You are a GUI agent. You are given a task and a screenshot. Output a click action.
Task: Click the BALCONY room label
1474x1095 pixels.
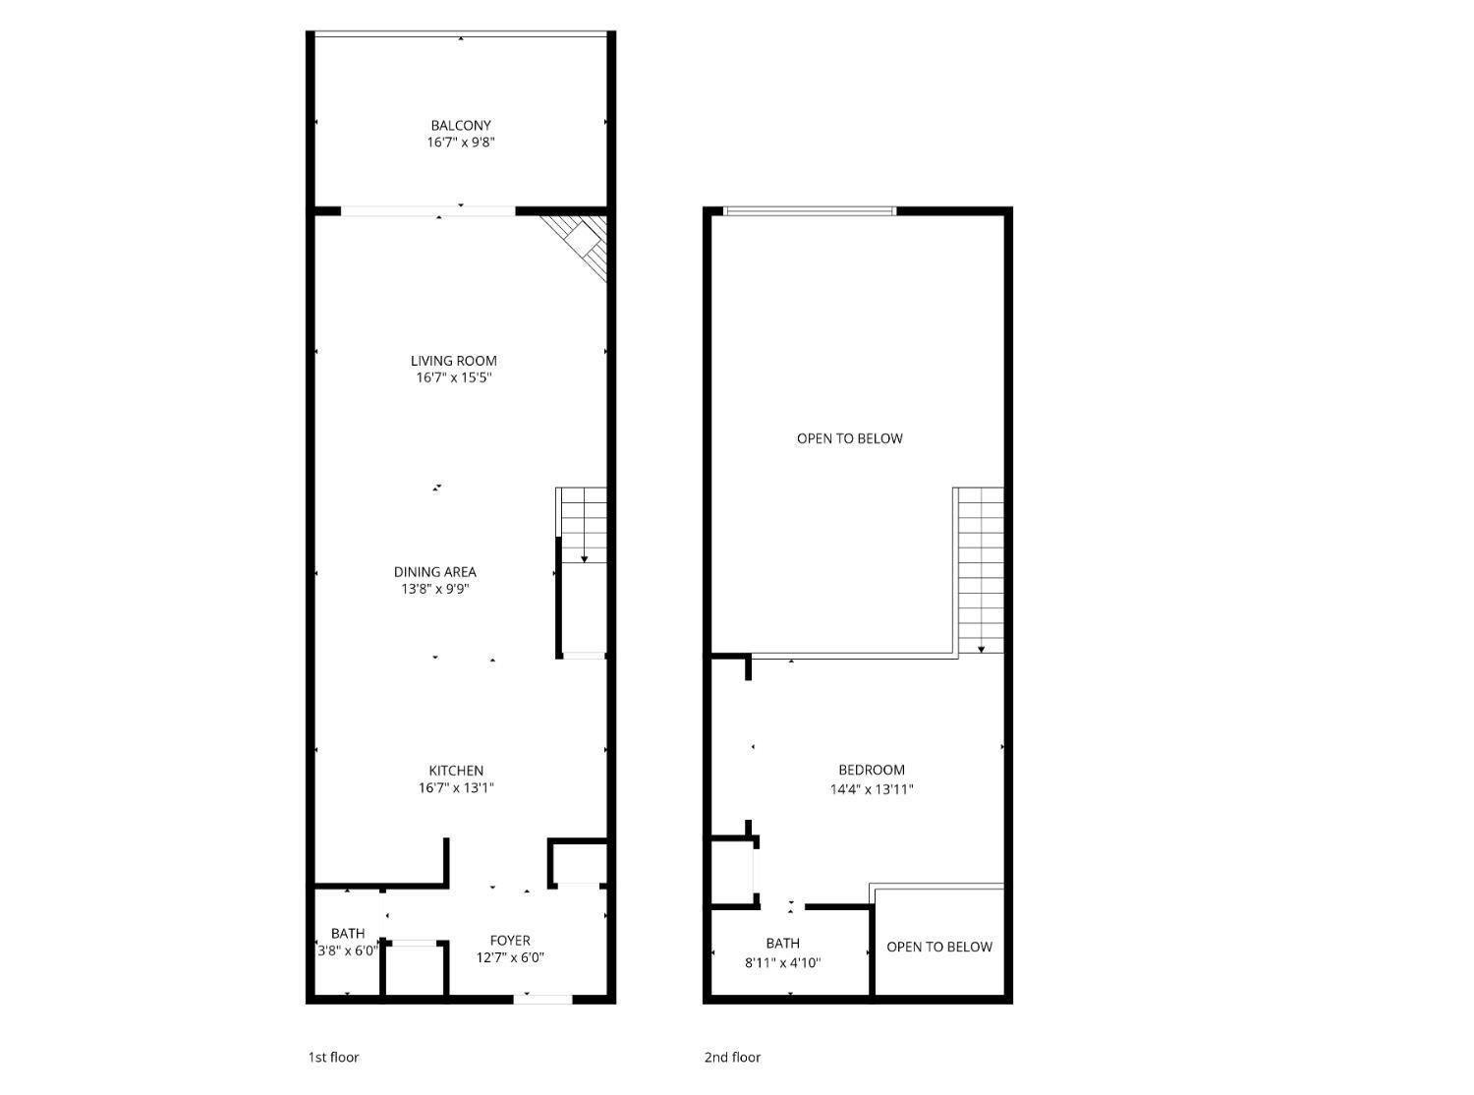click(x=461, y=125)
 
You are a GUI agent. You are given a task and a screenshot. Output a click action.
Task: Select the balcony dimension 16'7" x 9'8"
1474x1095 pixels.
click(x=461, y=143)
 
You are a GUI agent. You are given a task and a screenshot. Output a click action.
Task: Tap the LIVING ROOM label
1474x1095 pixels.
click(x=453, y=361)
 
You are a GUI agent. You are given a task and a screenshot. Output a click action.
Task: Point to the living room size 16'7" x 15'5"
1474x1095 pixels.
click(x=454, y=378)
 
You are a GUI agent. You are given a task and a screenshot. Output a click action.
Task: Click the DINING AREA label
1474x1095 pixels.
click(x=434, y=572)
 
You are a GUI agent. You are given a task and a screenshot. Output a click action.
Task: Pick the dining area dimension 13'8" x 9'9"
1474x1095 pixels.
click(x=435, y=589)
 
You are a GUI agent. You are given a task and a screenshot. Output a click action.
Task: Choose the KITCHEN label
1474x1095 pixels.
click(x=456, y=771)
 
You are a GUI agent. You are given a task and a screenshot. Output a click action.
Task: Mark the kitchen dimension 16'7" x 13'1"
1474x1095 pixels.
click(x=456, y=788)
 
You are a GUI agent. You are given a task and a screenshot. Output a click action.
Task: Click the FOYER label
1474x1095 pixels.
click(x=510, y=940)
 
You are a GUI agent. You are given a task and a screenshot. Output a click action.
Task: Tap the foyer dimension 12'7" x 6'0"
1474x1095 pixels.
click(x=510, y=957)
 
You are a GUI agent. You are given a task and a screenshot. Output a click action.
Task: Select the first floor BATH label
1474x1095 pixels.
click(x=348, y=934)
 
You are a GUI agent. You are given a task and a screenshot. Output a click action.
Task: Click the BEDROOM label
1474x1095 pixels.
click(x=872, y=770)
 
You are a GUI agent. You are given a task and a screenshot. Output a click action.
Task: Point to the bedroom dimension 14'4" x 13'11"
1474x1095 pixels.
click(x=872, y=789)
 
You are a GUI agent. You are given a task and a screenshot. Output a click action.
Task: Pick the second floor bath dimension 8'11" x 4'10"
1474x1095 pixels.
click(x=783, y=962)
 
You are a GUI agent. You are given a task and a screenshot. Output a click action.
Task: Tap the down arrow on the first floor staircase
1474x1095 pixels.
click(x=584, y=525)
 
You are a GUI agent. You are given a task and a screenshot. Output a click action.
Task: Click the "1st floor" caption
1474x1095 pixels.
click(x=333, y=1057)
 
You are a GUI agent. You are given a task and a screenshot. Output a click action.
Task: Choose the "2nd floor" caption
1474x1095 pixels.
click(x=732, y=1057)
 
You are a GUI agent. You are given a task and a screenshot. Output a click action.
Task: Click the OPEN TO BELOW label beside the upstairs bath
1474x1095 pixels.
click(x=939, y=946)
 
